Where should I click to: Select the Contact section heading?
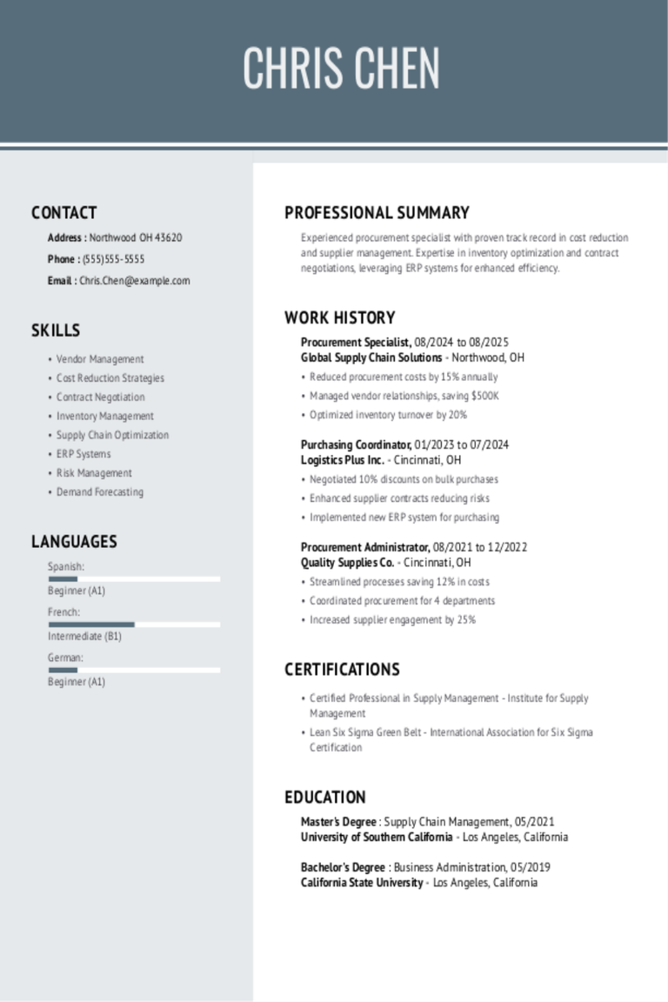pos(63,213)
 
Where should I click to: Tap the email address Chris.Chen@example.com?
pos(134,281)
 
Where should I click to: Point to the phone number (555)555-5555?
pos(113,259)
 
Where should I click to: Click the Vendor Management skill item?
pos(100,359)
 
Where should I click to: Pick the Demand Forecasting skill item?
pos(100,492)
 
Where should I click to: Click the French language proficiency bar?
pos(134,625)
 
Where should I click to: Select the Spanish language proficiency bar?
pos(134,578)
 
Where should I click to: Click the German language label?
pos(65,658)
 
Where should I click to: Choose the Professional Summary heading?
pos(377,213)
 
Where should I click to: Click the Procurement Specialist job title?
pos(356,342)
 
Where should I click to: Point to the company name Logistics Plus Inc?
pos(343,460)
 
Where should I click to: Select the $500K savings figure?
pos(484,396)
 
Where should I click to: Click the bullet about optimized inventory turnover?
pos(388,415)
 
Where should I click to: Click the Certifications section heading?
pos(342,670)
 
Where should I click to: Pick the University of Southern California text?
pos(377,837)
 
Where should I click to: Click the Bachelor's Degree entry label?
pos(343,867)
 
